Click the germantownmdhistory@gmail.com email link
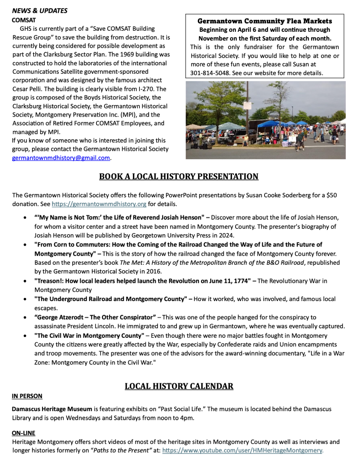tap(61, 158)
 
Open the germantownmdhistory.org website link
tap(99, 204)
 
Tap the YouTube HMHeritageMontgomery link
tap(243, 451)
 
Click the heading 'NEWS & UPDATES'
tap(39, 11)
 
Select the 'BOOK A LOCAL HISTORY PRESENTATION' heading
tap(179, 176)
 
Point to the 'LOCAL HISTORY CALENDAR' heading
tap(179, 386)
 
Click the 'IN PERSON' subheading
tap(27, 396)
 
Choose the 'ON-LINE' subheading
tap(23, 433)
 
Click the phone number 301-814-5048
tap(209, 73)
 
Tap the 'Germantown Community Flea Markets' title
tap(265, 21)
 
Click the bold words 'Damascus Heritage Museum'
tap(52, 409)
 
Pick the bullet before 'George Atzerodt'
tap(25, 317)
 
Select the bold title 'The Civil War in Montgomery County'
tap(89, 336)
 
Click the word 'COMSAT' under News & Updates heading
tap(24, 20)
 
